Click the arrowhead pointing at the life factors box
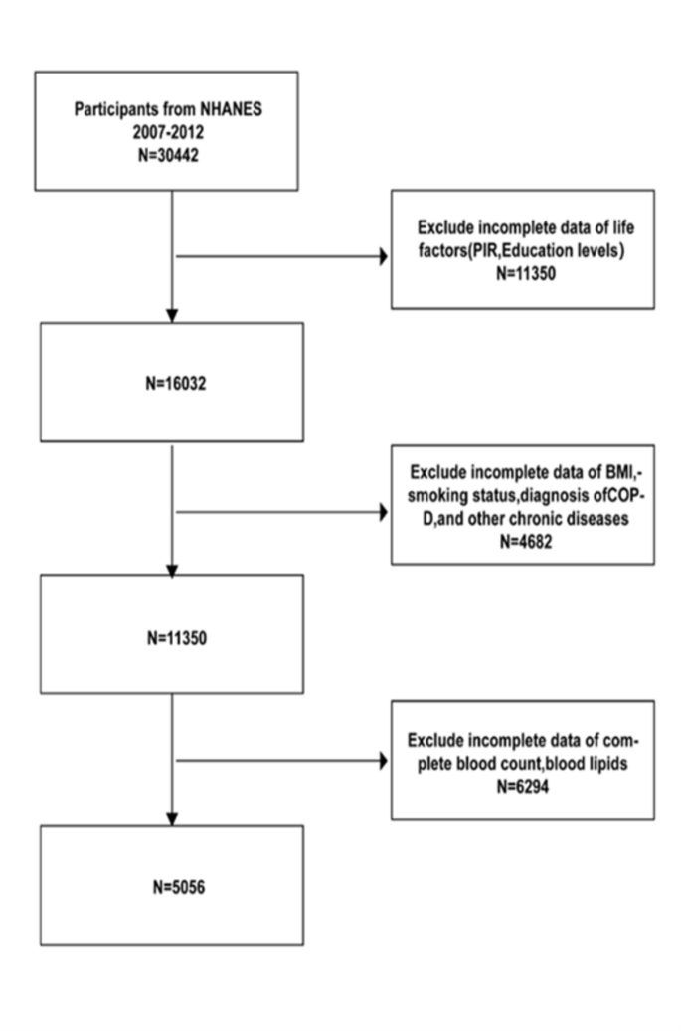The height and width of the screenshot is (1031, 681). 382,257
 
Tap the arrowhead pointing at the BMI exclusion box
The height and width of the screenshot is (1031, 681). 382,514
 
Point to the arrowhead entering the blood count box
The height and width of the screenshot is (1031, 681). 382,761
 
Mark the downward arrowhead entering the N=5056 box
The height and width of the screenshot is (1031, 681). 173,818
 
